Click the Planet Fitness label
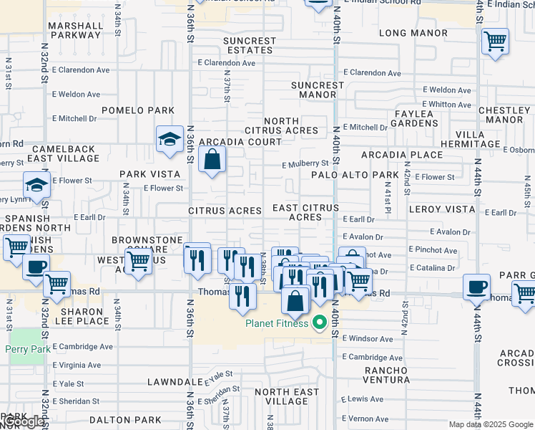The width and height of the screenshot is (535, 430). [277, 323]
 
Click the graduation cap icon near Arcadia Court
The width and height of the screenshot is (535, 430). [170, 139]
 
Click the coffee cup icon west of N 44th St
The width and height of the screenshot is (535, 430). [476, 287]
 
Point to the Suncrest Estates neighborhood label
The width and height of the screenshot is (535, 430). [249, 46]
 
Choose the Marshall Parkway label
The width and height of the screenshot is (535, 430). [75, 30]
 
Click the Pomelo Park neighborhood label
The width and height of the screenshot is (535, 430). [138, 110]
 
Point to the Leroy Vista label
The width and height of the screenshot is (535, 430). [441, 209]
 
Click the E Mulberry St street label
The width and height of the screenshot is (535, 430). [304, 164]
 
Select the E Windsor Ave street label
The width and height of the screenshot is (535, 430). [367, 338]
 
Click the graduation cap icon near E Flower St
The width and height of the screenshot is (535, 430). [36, 185]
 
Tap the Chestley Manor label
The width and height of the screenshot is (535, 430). [504, 115]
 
